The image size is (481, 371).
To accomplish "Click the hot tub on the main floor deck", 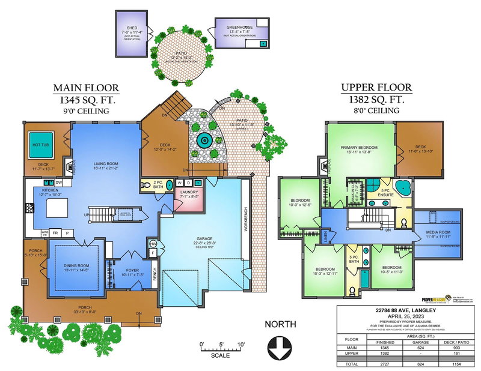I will [x=40, y=145].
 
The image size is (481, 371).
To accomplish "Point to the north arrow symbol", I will [x=281, y=346].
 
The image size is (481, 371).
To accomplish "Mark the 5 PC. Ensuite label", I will [x=385, y=195].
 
